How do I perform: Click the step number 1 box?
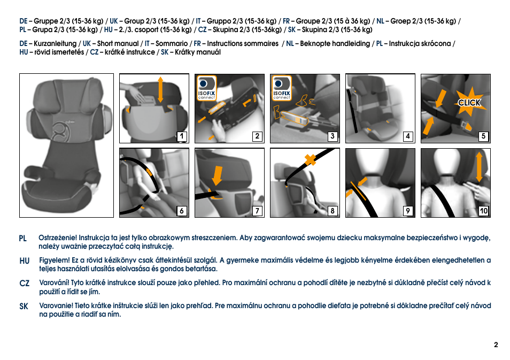[182, 136]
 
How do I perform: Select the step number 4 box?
[408, 136]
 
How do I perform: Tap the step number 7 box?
[257, 211]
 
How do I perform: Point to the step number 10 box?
[483, 211]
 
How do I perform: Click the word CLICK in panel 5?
[469, 103]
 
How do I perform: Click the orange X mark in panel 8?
[308, 159]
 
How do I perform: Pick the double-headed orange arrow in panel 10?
[480, 166]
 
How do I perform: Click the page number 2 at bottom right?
[496, 345]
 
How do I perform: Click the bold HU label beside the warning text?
[24, 261]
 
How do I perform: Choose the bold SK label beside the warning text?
[24, 306]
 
